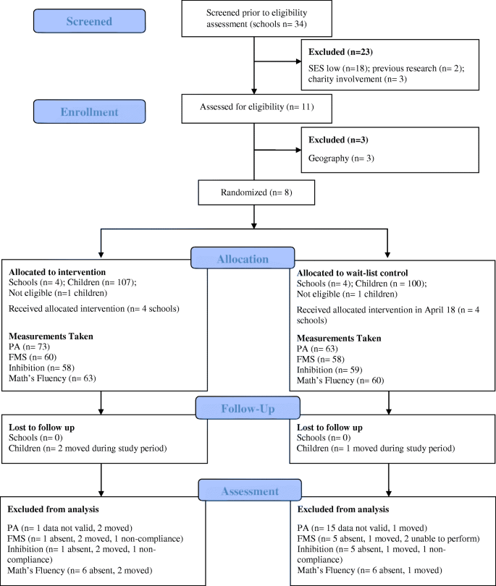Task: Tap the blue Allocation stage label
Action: click(x=243, y=258)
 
